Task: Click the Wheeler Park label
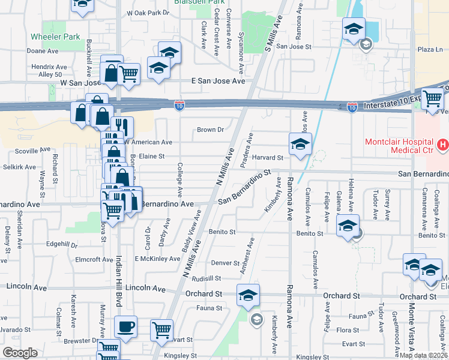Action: coord(56,37)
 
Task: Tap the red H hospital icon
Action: coord(443,144)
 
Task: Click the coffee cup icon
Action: coord(126,327)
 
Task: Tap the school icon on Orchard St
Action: coord(248,295)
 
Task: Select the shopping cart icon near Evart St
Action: coord(162,330)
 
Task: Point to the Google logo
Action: coord(20,353)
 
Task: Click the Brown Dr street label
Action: coord(210,130)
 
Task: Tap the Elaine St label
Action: coord(152,157)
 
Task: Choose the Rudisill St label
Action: coord(208,278)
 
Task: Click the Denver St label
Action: coord(226,263)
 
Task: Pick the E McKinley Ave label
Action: coord(157,259)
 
